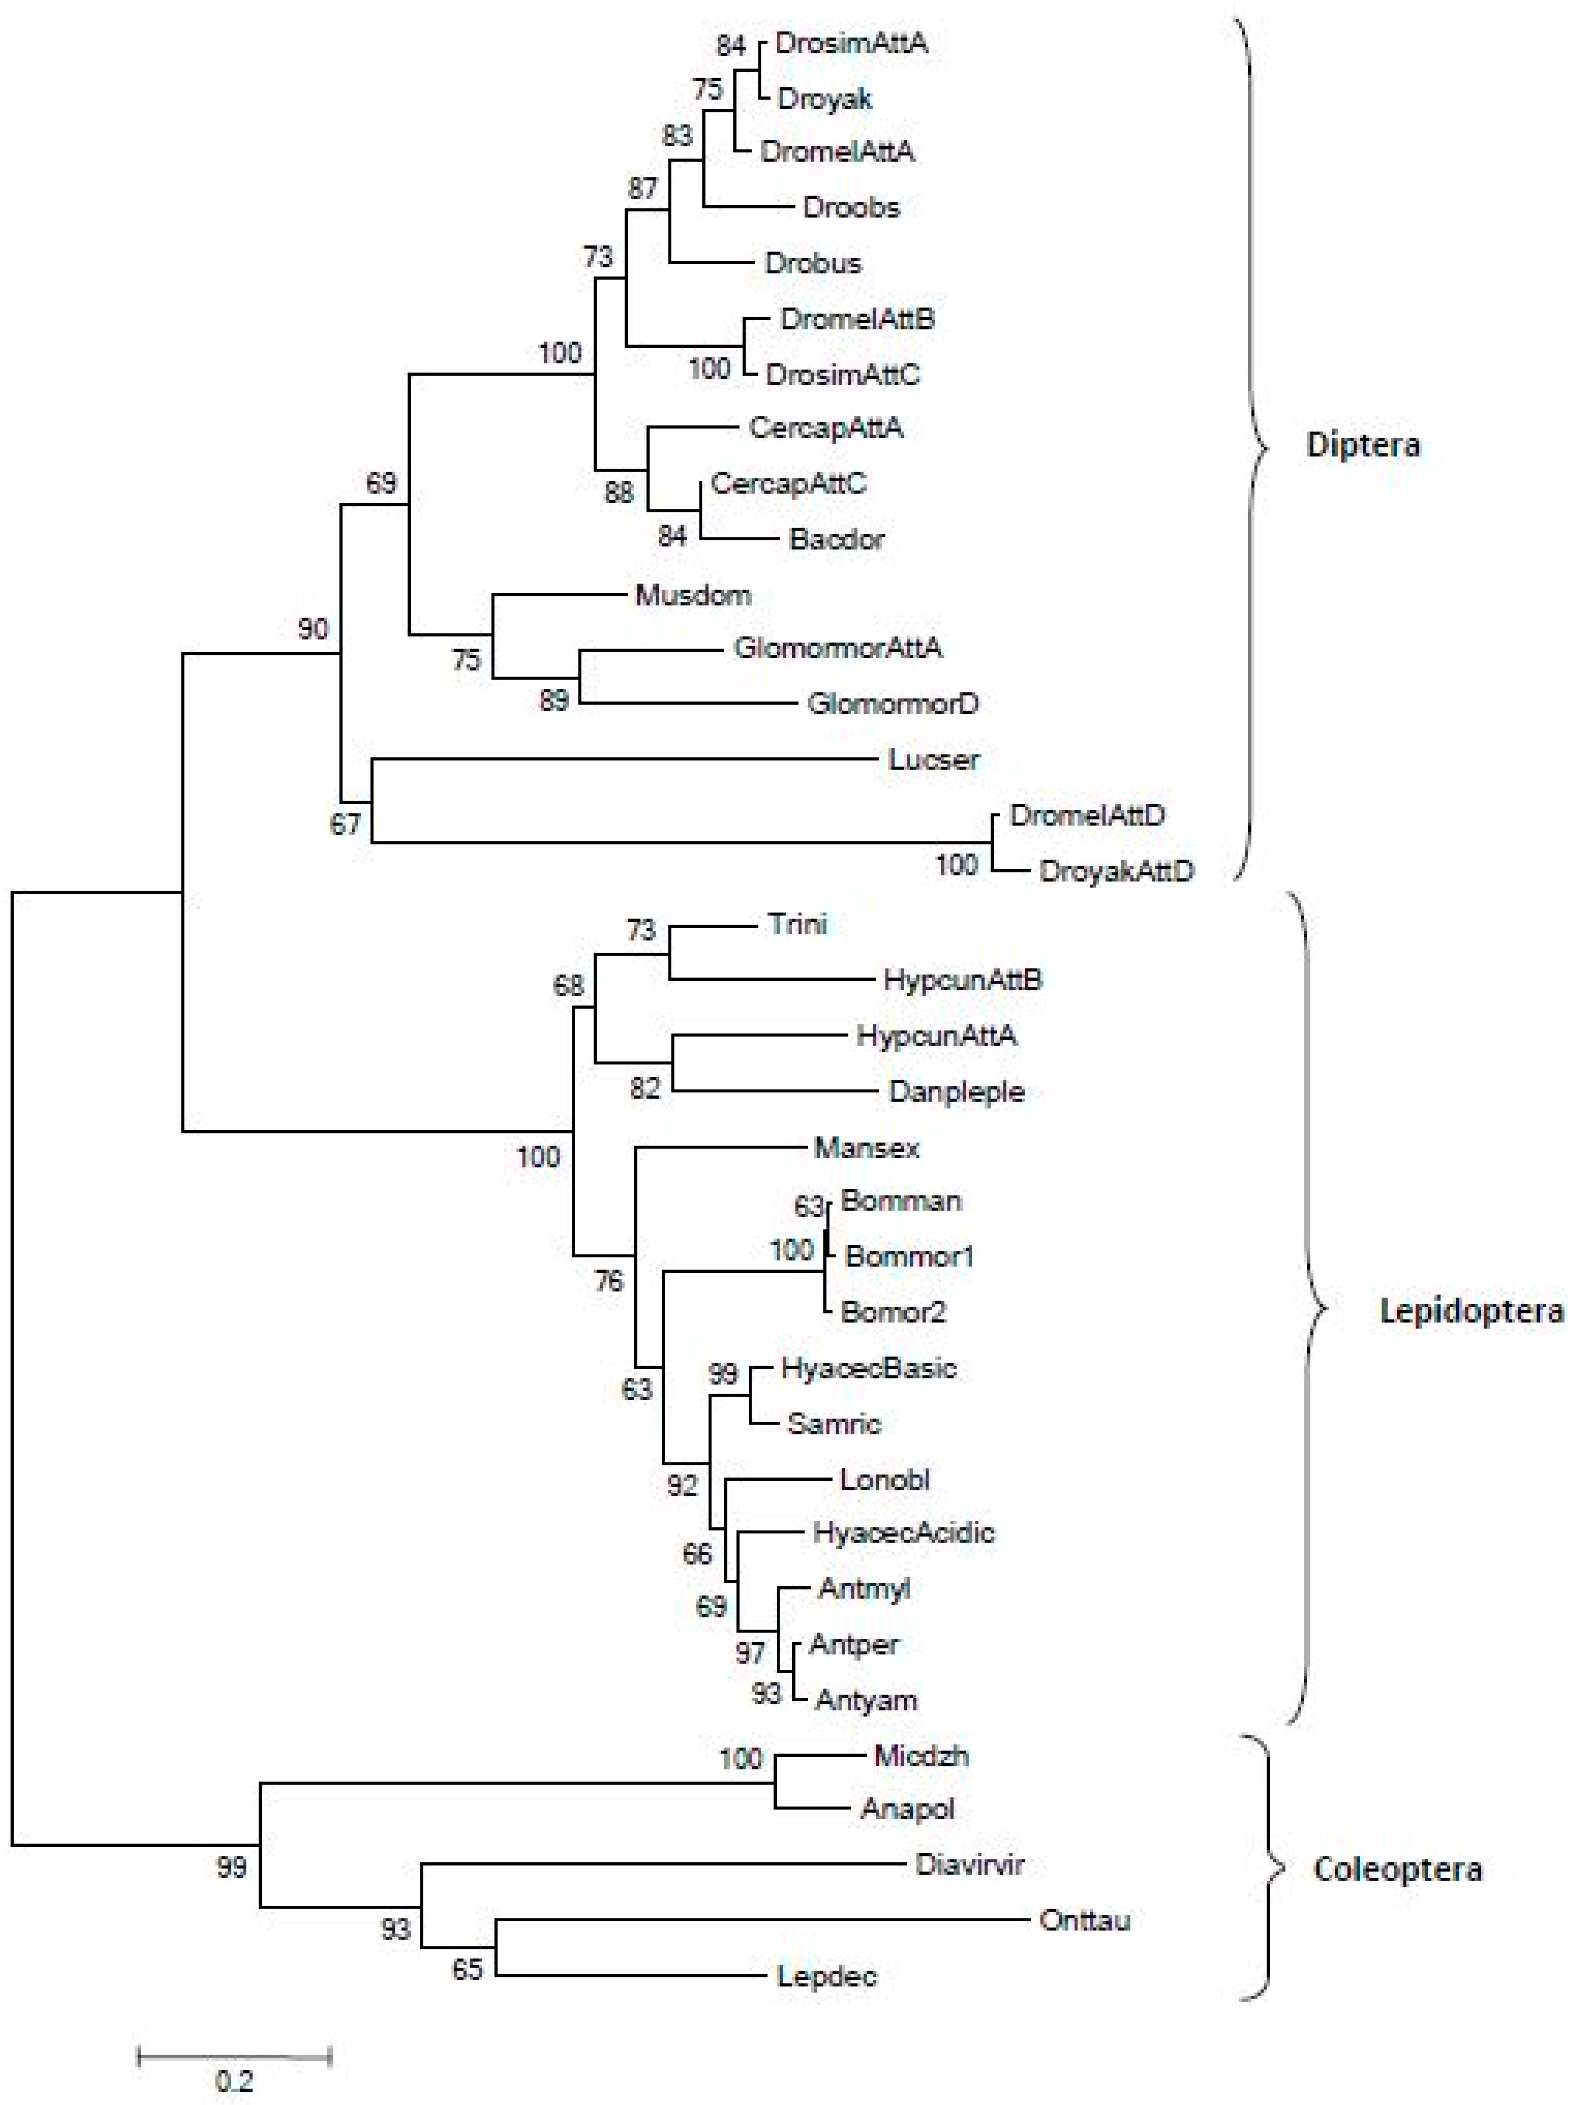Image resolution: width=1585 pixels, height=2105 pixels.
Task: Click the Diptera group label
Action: tap(1362, 444)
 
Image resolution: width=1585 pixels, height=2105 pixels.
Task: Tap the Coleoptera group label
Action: tap(1397, 1869)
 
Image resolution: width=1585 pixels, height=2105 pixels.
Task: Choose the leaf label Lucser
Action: tap(933, 760)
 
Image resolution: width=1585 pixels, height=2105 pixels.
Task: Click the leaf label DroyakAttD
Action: tap(1116, 871)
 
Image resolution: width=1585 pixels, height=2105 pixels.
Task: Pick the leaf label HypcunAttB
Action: tap(963, 979)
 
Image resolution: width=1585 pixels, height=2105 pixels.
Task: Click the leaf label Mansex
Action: tap(867, 1148)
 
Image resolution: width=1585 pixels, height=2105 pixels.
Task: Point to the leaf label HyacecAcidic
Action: tap(903, 1532)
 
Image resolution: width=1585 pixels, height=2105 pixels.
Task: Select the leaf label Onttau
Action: tap(1085, 1919)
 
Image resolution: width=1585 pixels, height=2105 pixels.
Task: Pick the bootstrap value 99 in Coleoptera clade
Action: tap(231, 1867)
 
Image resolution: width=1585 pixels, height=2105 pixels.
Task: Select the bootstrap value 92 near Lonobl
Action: tap(681, 1485)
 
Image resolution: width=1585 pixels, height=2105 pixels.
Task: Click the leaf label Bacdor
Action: tap(836, 540)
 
